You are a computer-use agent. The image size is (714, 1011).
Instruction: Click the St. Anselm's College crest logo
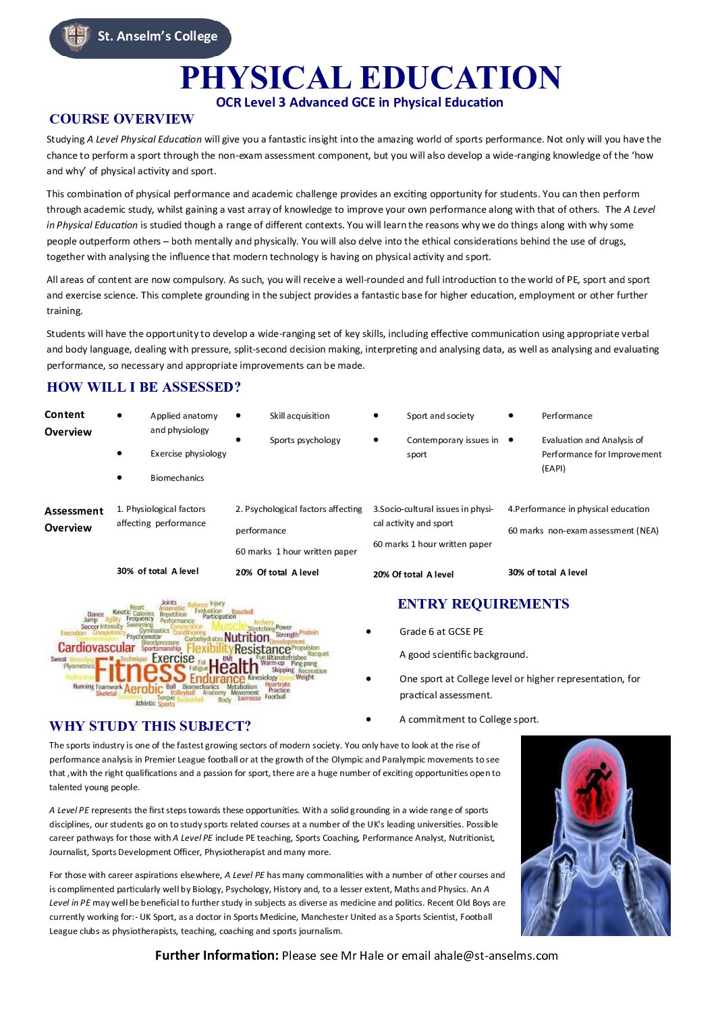point(76,36)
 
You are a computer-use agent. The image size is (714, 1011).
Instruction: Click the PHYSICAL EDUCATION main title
point(370,78)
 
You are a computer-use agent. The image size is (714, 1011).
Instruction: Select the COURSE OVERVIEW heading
point(121,120)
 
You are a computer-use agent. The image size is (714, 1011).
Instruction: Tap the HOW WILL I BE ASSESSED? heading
point(144,388)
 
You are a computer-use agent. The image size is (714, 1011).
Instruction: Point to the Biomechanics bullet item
point(177,478)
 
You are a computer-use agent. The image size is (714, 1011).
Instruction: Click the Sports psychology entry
point(305,440)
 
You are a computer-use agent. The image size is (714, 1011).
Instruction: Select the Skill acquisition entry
point(300,416)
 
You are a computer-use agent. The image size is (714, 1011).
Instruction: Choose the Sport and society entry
point(440,416)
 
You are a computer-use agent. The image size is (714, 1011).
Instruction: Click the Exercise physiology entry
point(188,454)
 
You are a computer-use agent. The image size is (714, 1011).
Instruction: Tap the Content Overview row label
point(67,423)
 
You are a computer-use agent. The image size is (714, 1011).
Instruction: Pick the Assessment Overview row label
point(74,519)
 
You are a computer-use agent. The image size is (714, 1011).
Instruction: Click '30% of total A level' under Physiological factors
point(157,571)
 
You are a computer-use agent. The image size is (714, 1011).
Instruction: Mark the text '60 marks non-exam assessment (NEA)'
point(583,531)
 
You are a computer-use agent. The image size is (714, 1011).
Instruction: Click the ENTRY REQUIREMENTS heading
point(483,604)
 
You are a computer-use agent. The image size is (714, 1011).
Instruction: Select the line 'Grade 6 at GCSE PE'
point(441,631)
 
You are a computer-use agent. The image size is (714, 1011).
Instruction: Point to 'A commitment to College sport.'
point(469,719)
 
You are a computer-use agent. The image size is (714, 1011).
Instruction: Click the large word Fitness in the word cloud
point(140,671)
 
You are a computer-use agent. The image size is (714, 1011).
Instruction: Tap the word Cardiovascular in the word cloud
point(97,648)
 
